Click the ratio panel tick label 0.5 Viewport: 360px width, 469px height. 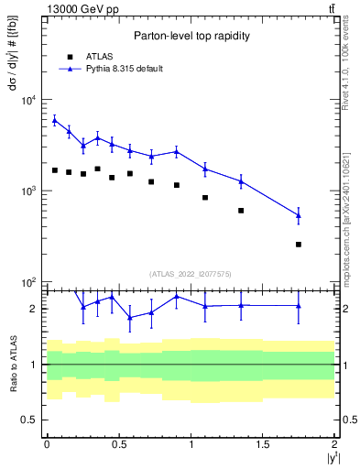pos(30,420)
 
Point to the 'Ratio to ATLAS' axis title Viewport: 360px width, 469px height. pos(13,364)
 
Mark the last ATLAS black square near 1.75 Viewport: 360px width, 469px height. pos(299,245)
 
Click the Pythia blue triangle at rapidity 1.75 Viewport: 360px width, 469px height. pos(299,215)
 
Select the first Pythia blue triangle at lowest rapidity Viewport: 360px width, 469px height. pos(54,119)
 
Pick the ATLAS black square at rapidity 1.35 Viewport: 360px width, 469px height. pos(241,211)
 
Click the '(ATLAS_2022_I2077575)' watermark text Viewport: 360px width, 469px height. pos(190,273)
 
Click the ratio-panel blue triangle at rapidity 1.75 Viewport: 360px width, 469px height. pos(299,306)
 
